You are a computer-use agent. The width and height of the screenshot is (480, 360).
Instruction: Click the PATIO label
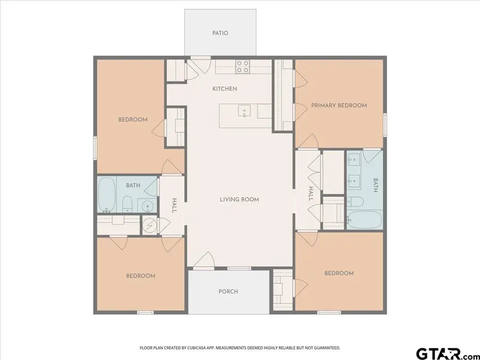click(x=220, y=33)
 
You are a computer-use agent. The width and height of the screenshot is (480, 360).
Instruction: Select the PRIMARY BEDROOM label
click(x=339, y=106)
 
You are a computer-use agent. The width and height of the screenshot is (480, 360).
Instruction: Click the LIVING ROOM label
click(x=239, y=199)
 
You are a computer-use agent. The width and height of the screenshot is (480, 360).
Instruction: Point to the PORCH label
click(x=228, y=292)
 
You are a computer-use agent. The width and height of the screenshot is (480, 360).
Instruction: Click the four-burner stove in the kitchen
click(x=243, y=66)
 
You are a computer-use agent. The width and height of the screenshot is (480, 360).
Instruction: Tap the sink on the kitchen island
click(x=244, y=111)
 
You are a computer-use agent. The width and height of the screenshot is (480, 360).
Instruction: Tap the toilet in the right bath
click(x=355, y=202)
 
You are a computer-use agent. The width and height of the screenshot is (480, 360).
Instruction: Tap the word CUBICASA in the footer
click(x=203, y=348)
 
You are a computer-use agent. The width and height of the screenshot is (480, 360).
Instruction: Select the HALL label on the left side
click(x=174, y=206)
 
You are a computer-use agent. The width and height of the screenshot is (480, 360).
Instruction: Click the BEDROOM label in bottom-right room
click(x=339, y=273)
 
